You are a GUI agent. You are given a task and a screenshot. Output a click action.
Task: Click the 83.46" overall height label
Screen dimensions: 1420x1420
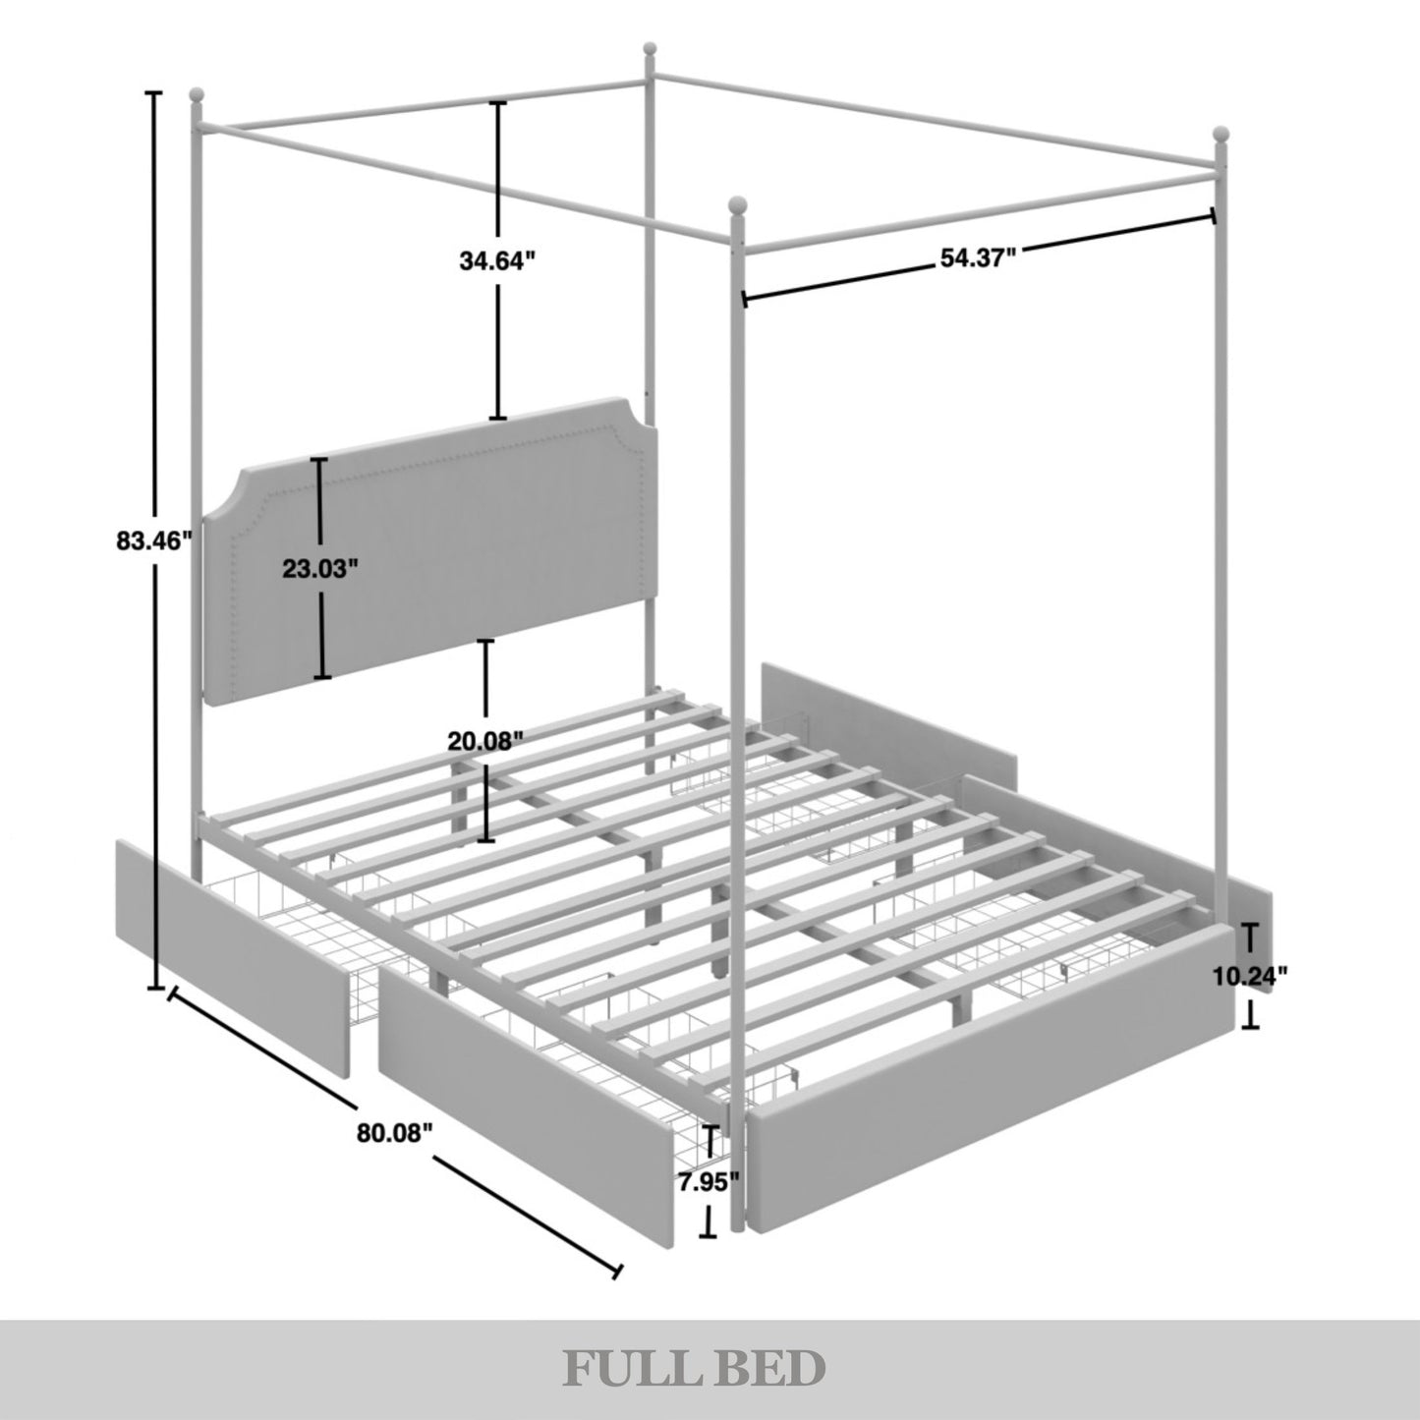coord(154,541)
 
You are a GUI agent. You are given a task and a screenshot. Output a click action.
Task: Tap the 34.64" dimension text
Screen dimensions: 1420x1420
coord(496,260)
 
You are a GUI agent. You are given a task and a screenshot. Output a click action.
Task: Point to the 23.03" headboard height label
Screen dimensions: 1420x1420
coord(320,568)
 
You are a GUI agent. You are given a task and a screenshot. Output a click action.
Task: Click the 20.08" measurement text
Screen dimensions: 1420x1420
coord(486,741)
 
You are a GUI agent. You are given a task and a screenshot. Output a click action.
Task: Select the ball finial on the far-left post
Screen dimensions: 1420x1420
coord(196,95)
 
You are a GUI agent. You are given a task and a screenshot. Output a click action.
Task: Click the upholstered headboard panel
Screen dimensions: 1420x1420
coord(431,552)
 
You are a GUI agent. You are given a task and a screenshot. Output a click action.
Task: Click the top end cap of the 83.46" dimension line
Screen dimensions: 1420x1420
coord(153,92)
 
